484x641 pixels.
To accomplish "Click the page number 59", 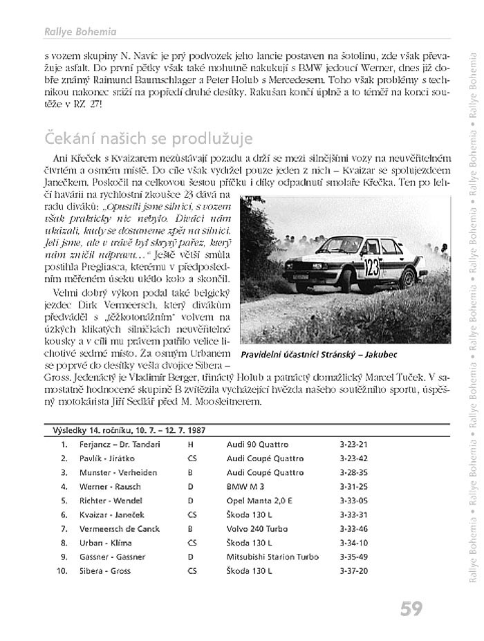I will tap(411, 609).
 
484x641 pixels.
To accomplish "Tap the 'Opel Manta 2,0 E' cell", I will tap(259, 501).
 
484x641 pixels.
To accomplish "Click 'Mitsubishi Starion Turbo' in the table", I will tap(272, 557).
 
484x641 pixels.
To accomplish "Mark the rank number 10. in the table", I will tap(62, 571).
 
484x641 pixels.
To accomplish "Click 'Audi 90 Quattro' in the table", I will tap(258, 445).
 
